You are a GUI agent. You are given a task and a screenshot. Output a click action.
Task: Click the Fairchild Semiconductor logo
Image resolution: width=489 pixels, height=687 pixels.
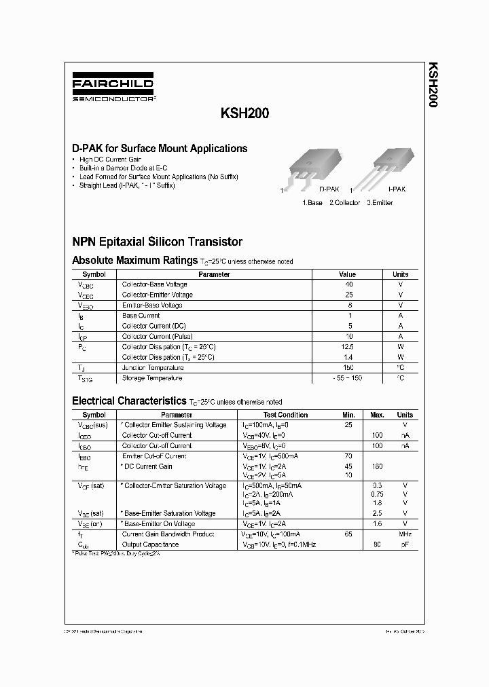pos(113,89)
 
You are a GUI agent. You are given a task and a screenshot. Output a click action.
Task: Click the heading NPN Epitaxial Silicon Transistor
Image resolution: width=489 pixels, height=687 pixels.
pos(157,242)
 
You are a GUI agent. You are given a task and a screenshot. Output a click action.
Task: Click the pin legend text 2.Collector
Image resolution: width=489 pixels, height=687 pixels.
pos(345,203)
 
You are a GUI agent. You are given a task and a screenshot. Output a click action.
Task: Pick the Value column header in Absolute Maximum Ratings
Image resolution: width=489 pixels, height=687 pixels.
pos(347,274)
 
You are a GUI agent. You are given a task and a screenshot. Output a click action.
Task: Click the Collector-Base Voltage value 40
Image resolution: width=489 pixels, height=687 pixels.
pos(349,284)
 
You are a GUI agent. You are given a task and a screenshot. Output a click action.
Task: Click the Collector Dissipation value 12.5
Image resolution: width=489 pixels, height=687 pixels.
pos(348,347)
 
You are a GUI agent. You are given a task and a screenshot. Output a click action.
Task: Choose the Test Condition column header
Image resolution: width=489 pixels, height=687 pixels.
pos(285,415)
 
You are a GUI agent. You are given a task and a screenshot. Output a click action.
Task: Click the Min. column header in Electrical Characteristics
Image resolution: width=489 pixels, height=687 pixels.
pos(349,415)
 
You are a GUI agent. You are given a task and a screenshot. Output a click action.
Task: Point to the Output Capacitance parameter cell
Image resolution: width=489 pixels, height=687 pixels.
pos(150,545)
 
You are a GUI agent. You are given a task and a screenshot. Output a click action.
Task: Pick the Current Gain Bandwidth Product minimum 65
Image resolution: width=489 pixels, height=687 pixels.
pos(349,535)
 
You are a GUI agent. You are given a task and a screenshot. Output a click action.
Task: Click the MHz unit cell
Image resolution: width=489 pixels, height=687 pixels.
pos(404,535)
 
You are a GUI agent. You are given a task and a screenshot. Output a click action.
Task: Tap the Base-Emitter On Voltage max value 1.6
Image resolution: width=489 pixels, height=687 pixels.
pos(377,524)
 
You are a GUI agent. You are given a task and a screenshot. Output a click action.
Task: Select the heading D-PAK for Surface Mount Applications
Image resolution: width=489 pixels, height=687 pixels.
pos(160,148)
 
